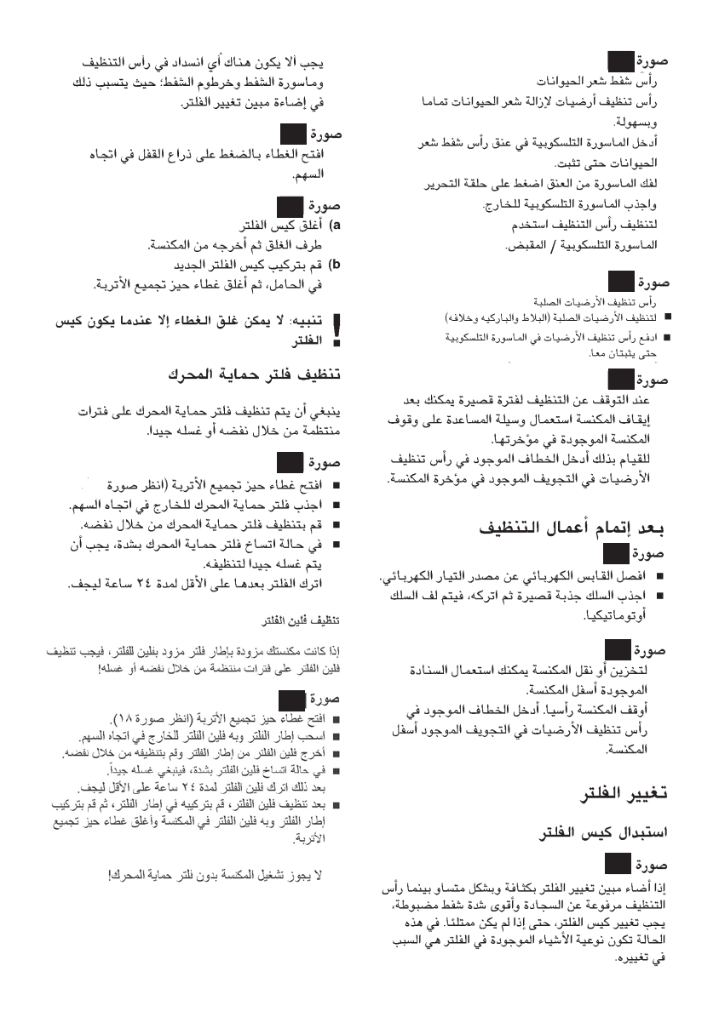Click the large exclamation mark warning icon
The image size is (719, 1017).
click(335, 333)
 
